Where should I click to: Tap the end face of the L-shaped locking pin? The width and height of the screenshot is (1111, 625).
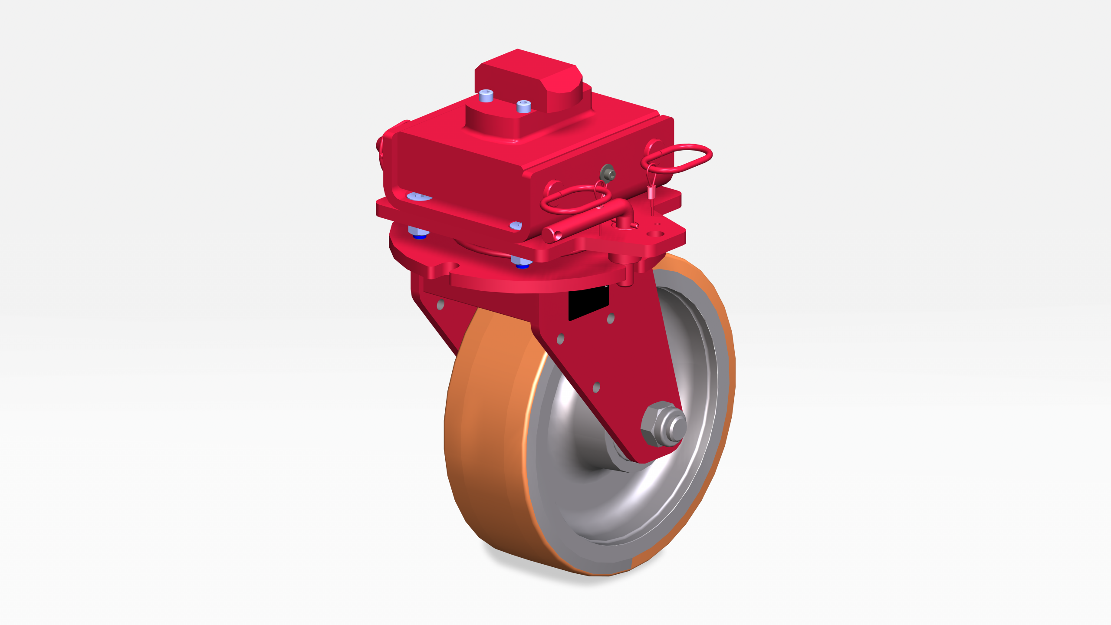pyautogui.click(x=549, y=235)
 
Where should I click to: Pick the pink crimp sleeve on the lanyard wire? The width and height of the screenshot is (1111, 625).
pyautogui.click(x=651, y=191)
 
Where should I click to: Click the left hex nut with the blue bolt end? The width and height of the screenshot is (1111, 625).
pyautogui.click(x=418, y=232)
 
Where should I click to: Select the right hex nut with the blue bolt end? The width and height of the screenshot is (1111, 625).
pyautogui.click(x=521, y=262)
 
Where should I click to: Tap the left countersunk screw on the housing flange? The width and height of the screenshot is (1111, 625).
pyautogui.click(x=418, y=197)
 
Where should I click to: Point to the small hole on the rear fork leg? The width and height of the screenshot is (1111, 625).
pyautogui.click(x=440, y=305)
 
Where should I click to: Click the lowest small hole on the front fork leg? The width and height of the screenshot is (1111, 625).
pyautogui.click(x=596, y=387)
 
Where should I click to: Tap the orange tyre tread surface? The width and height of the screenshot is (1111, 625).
pyautogui.click(x=482, y=434)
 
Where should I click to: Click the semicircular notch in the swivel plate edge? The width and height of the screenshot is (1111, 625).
pyautogui.click(x=451, y=266)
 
